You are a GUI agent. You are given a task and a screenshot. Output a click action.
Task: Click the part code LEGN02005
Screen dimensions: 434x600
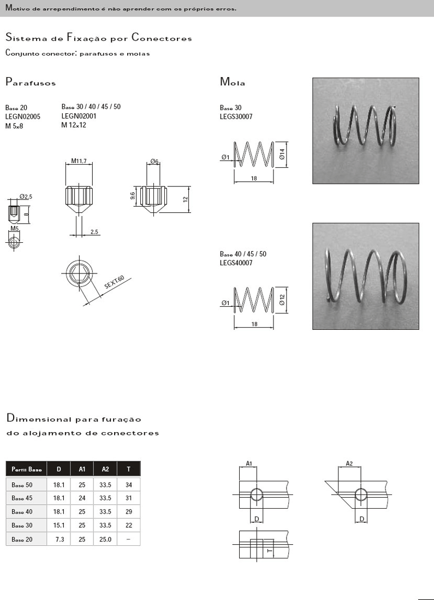coord(22,116)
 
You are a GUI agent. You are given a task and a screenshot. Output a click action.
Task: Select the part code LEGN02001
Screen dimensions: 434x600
coord(79,115)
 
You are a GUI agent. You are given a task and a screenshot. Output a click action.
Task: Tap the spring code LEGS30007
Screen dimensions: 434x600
coord(236,116)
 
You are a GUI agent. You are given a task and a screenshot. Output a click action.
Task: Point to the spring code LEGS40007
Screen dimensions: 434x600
coord(236,263)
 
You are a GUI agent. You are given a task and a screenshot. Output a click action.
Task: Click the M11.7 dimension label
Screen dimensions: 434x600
coord(79,161)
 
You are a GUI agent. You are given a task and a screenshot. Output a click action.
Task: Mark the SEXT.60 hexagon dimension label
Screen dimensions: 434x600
coord(114,283)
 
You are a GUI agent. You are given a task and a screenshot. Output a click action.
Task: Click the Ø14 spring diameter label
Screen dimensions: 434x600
coord(282,154)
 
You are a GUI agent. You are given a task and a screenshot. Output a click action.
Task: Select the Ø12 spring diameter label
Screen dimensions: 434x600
coord(282,300)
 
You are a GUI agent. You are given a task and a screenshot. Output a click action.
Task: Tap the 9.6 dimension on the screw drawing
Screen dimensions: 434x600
coord(133,196)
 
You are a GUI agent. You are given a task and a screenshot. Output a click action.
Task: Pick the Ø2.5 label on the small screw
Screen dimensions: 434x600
coord(26,197)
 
